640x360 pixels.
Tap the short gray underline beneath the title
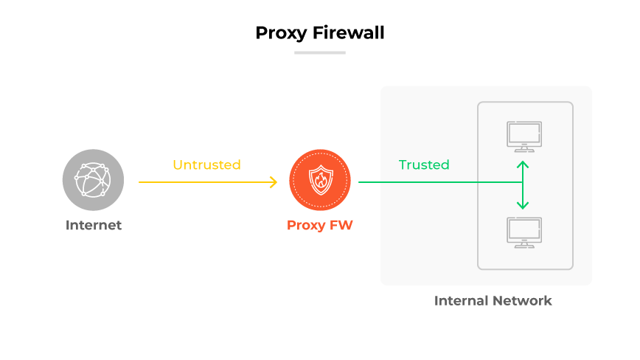[319, 52]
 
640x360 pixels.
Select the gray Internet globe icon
[93, 180]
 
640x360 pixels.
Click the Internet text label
[94, 226]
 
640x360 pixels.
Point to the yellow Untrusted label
[206, 165]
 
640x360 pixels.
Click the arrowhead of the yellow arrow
[273, 181]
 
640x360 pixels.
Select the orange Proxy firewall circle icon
[319, 181]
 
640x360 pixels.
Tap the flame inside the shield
[320, 181]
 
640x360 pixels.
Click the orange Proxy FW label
[319, 226]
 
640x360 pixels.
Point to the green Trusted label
[424, 165]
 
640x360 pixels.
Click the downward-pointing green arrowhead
[523, 206]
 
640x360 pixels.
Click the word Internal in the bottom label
[461, 301]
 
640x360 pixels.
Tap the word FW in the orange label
[341, 226]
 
